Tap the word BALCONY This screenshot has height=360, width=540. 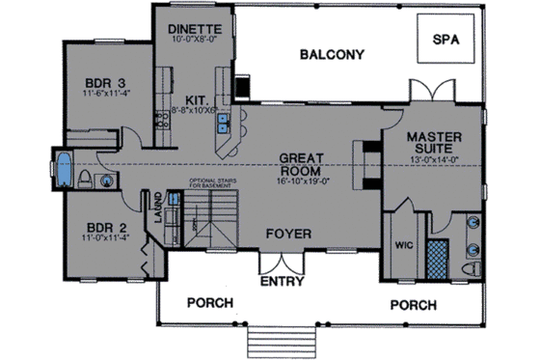(x=331, y=54)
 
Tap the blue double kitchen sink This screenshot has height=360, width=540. (x=223, y=123)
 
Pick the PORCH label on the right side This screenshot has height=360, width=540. (x=415, y=305)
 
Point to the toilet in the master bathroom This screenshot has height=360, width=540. (x=472, y=265)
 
